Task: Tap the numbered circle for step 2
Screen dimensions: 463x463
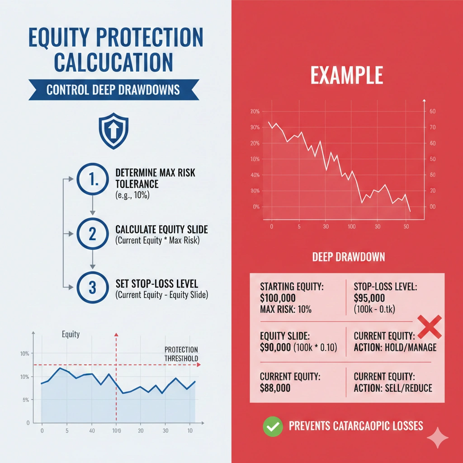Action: pos(93,234)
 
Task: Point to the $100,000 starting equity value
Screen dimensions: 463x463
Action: pos(278,298)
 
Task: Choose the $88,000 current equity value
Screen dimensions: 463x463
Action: pos(275,388)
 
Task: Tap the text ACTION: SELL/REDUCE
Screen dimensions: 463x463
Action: pos(392,388)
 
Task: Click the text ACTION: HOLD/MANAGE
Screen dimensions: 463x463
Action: pos(395,347)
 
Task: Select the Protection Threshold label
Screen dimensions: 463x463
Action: pos(181,354)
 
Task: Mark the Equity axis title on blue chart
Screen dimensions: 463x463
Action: pos(71,334)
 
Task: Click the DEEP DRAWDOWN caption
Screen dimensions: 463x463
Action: pos(349,257)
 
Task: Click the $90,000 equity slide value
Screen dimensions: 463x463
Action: pos(278,347)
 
